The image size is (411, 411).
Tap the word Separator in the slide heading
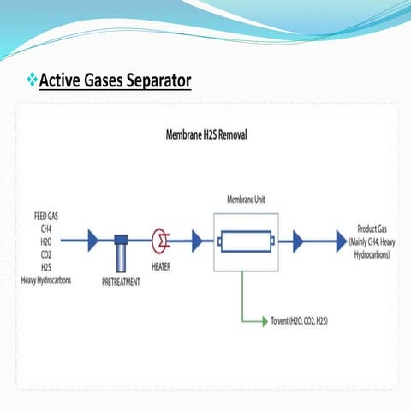pos(159,81)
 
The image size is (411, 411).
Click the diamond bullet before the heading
pos(33,81)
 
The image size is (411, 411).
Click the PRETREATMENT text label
pos(121,282)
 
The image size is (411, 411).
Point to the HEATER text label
pos(161,266)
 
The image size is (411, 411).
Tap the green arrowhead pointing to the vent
pos(265,321)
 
